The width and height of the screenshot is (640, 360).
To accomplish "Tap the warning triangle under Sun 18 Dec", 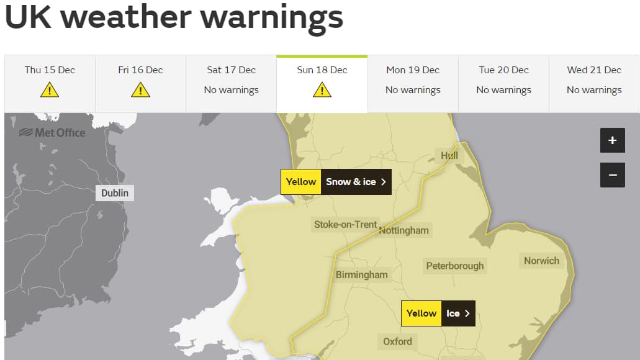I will coord(322,90).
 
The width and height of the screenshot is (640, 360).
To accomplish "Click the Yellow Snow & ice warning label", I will coord(336,182).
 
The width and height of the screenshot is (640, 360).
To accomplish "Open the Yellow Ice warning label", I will coord(438,313).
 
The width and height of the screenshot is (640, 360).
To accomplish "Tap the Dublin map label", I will coord(115,193).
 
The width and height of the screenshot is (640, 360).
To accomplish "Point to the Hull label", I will coord(449,155).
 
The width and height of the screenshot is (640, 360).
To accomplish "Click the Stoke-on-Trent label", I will coord(345,224).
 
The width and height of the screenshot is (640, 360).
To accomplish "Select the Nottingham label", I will coord(403,230).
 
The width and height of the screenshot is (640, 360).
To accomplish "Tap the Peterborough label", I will coord(454,266).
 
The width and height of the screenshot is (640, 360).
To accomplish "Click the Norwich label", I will coord(541,261).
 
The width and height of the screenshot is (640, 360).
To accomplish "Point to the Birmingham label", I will coord(361,274).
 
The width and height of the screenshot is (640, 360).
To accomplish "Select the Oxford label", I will coord(397,341).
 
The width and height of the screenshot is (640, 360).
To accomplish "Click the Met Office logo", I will coord(52,132).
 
